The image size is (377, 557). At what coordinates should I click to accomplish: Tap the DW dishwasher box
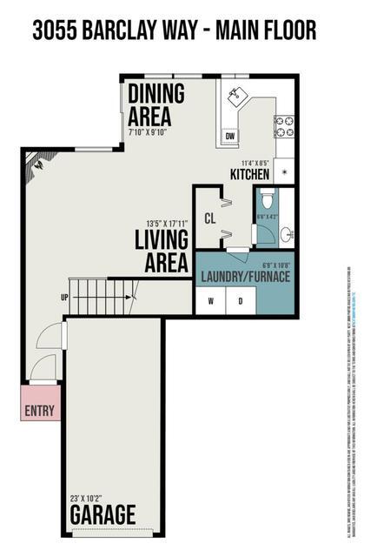coord(230,137)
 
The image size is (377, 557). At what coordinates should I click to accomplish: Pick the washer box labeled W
coord(210,301)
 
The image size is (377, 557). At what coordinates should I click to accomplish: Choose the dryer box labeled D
coord(241,301)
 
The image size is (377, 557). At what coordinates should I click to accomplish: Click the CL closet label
coord(209,218)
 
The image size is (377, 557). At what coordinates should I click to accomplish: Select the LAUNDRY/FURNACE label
coord(245,277)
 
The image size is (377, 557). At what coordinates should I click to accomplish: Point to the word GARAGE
coord(103,513)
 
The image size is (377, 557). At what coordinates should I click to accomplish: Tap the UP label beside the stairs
coord(64,298)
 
